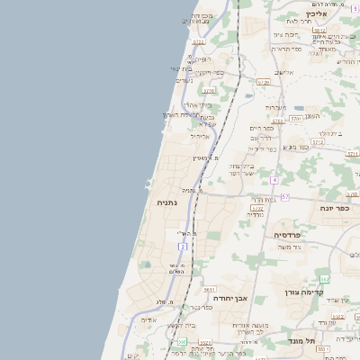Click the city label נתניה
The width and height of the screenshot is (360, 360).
click(167, 202)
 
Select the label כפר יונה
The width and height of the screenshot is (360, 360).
click(334, 208)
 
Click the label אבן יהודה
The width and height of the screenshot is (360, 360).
click(230, 297)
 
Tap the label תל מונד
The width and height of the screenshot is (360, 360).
click(302, 341)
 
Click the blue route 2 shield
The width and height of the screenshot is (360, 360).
click(183, 246)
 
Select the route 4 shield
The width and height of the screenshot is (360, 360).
click(274, 180)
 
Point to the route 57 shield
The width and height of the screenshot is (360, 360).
click(284, 196)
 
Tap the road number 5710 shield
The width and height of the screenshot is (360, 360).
click(209, 91)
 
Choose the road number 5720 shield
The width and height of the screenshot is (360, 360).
click(264, 82)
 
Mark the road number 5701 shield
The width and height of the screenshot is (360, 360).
click(296, 119)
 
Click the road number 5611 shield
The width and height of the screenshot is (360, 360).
click(209, 290)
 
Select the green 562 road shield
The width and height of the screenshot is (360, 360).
click(325, 278)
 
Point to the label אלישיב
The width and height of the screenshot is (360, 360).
click(283, 73)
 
